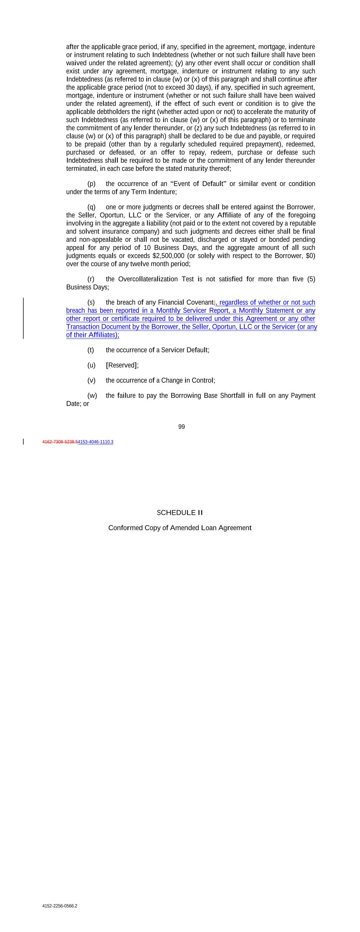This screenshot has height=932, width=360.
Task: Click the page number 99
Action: [181, 427]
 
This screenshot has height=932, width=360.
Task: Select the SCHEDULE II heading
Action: [180, 512]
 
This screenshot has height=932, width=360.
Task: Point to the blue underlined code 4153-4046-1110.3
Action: [96, 442]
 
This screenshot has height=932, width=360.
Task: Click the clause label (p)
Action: [91, 184]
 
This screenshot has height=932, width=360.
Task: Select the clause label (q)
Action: [91, 207]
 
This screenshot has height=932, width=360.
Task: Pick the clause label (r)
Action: [91, 279]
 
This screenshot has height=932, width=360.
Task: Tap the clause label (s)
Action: [91, 302]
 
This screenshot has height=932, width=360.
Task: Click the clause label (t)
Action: [90, 350]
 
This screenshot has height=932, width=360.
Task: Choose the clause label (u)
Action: [91, 365]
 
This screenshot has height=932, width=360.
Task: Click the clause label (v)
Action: [91, 380]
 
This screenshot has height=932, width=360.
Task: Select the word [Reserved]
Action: [122, 365]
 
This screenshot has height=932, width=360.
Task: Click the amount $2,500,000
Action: [168, 256]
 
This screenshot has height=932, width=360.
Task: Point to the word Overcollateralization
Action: [148, 279]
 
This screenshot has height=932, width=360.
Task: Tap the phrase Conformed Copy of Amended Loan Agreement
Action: [180, 527]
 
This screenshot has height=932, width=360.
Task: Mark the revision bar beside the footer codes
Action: [24, 441]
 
